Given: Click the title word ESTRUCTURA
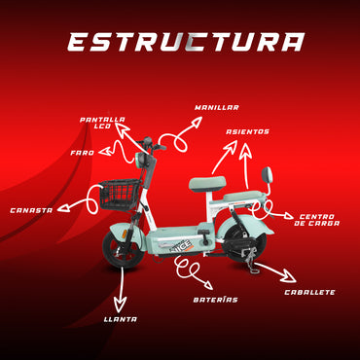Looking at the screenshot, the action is point(184,42).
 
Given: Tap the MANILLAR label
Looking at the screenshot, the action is point(216,107).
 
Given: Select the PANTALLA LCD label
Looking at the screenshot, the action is point(103,123).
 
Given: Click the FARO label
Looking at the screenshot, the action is point(83,153).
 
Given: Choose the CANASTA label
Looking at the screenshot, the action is point(32,209).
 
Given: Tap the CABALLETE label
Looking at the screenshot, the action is point(309,292).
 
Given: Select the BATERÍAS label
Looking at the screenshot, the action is point(215,300).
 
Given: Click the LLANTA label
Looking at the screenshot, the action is point(121,318).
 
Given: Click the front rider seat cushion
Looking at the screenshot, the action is point(210,181).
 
